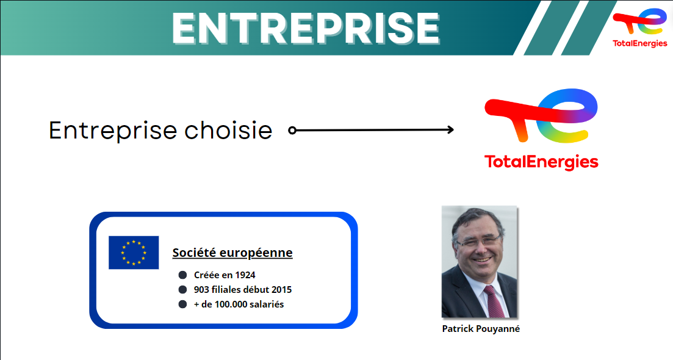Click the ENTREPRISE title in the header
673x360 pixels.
[x=306, y=28]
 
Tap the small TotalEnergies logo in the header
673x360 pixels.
[x=639, y=27]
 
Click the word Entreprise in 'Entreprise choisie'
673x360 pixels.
[x=113, y=131]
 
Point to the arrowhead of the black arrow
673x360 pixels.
[x=450, y=129]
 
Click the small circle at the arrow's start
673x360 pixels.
[x=292, y=130]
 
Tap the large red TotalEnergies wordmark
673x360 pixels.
[x=541, y=162]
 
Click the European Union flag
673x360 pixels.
[x=134, y=253]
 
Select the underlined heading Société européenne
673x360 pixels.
[x=232, y=253]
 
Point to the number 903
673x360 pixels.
[x=201, y=290]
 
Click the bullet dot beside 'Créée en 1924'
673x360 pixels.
[x=182, y=275]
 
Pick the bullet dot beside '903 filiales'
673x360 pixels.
[x=182, y=290]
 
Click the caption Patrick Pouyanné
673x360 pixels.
[x=481, y=329]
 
